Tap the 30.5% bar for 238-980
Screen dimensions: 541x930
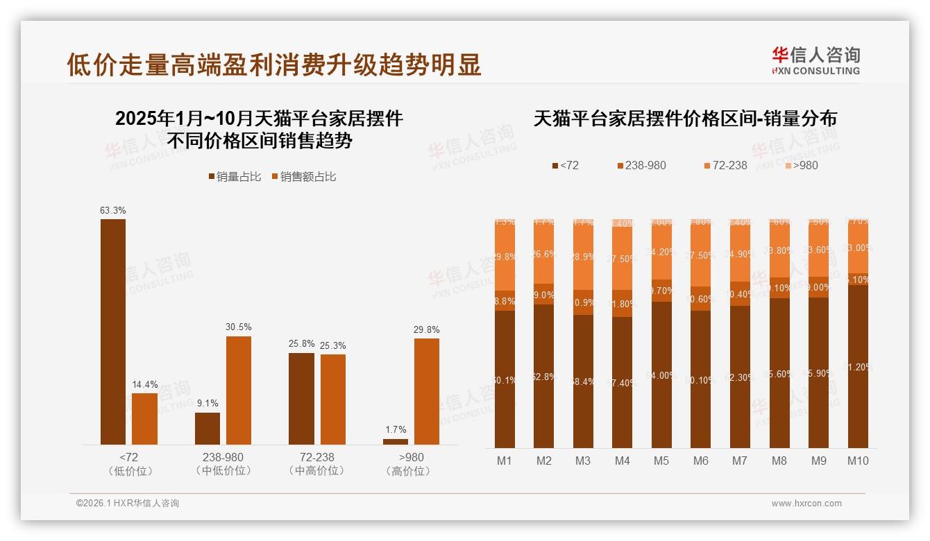(239, 390)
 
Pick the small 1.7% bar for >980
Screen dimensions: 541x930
(396, 441)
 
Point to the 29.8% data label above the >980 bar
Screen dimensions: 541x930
(426, 329)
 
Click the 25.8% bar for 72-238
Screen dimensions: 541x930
(301, 398)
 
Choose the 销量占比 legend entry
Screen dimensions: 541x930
(235, 177)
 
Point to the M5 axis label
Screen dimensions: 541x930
(661, 461)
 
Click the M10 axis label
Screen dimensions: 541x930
(858, 461)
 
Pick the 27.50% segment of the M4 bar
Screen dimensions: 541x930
(622, 258)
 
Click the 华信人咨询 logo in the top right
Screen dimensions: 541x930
(815, 60)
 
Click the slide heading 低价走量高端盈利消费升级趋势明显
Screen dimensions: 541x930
(274, 65)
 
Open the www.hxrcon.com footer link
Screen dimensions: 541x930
(806, 504)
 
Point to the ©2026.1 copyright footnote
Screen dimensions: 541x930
(128, 504)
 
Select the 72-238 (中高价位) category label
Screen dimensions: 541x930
(316, 464)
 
